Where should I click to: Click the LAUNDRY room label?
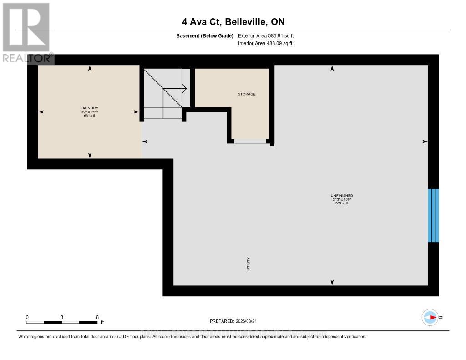(89, 108)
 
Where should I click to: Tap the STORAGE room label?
(247, 94)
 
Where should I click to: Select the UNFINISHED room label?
(341, 195)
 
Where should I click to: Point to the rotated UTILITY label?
(248, 264)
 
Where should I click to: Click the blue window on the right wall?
(433, 215)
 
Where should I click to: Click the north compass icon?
(430, 317)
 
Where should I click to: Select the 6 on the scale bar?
(97, 317)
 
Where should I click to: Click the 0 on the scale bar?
(27, 317)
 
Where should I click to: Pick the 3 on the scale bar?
(61, 317)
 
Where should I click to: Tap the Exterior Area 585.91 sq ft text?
(269, 35)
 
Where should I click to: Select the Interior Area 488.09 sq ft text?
(265, 44)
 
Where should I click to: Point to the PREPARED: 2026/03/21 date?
(233, 321)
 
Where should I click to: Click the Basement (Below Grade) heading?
(204, 35)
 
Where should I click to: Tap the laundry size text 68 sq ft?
(89, 116)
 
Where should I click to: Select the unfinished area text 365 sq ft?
(341, 203)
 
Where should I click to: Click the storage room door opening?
(249, 141)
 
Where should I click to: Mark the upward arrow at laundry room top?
(90, 68)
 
